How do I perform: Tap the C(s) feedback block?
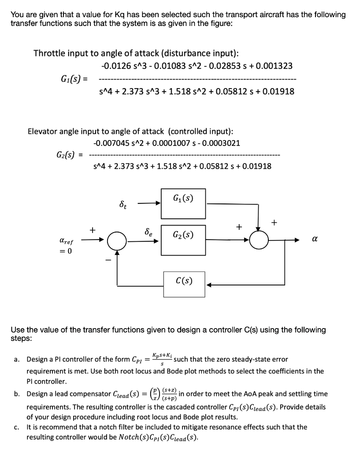[x=183, y=280]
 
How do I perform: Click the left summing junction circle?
[x=117, y=240]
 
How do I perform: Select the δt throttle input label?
[x=124, y=205]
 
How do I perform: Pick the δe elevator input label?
[x=148, y=232]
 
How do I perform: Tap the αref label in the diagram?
[x=66, y=242]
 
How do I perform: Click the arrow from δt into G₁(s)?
[x=148, y=204]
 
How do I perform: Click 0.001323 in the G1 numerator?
[x=274, y=67]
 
